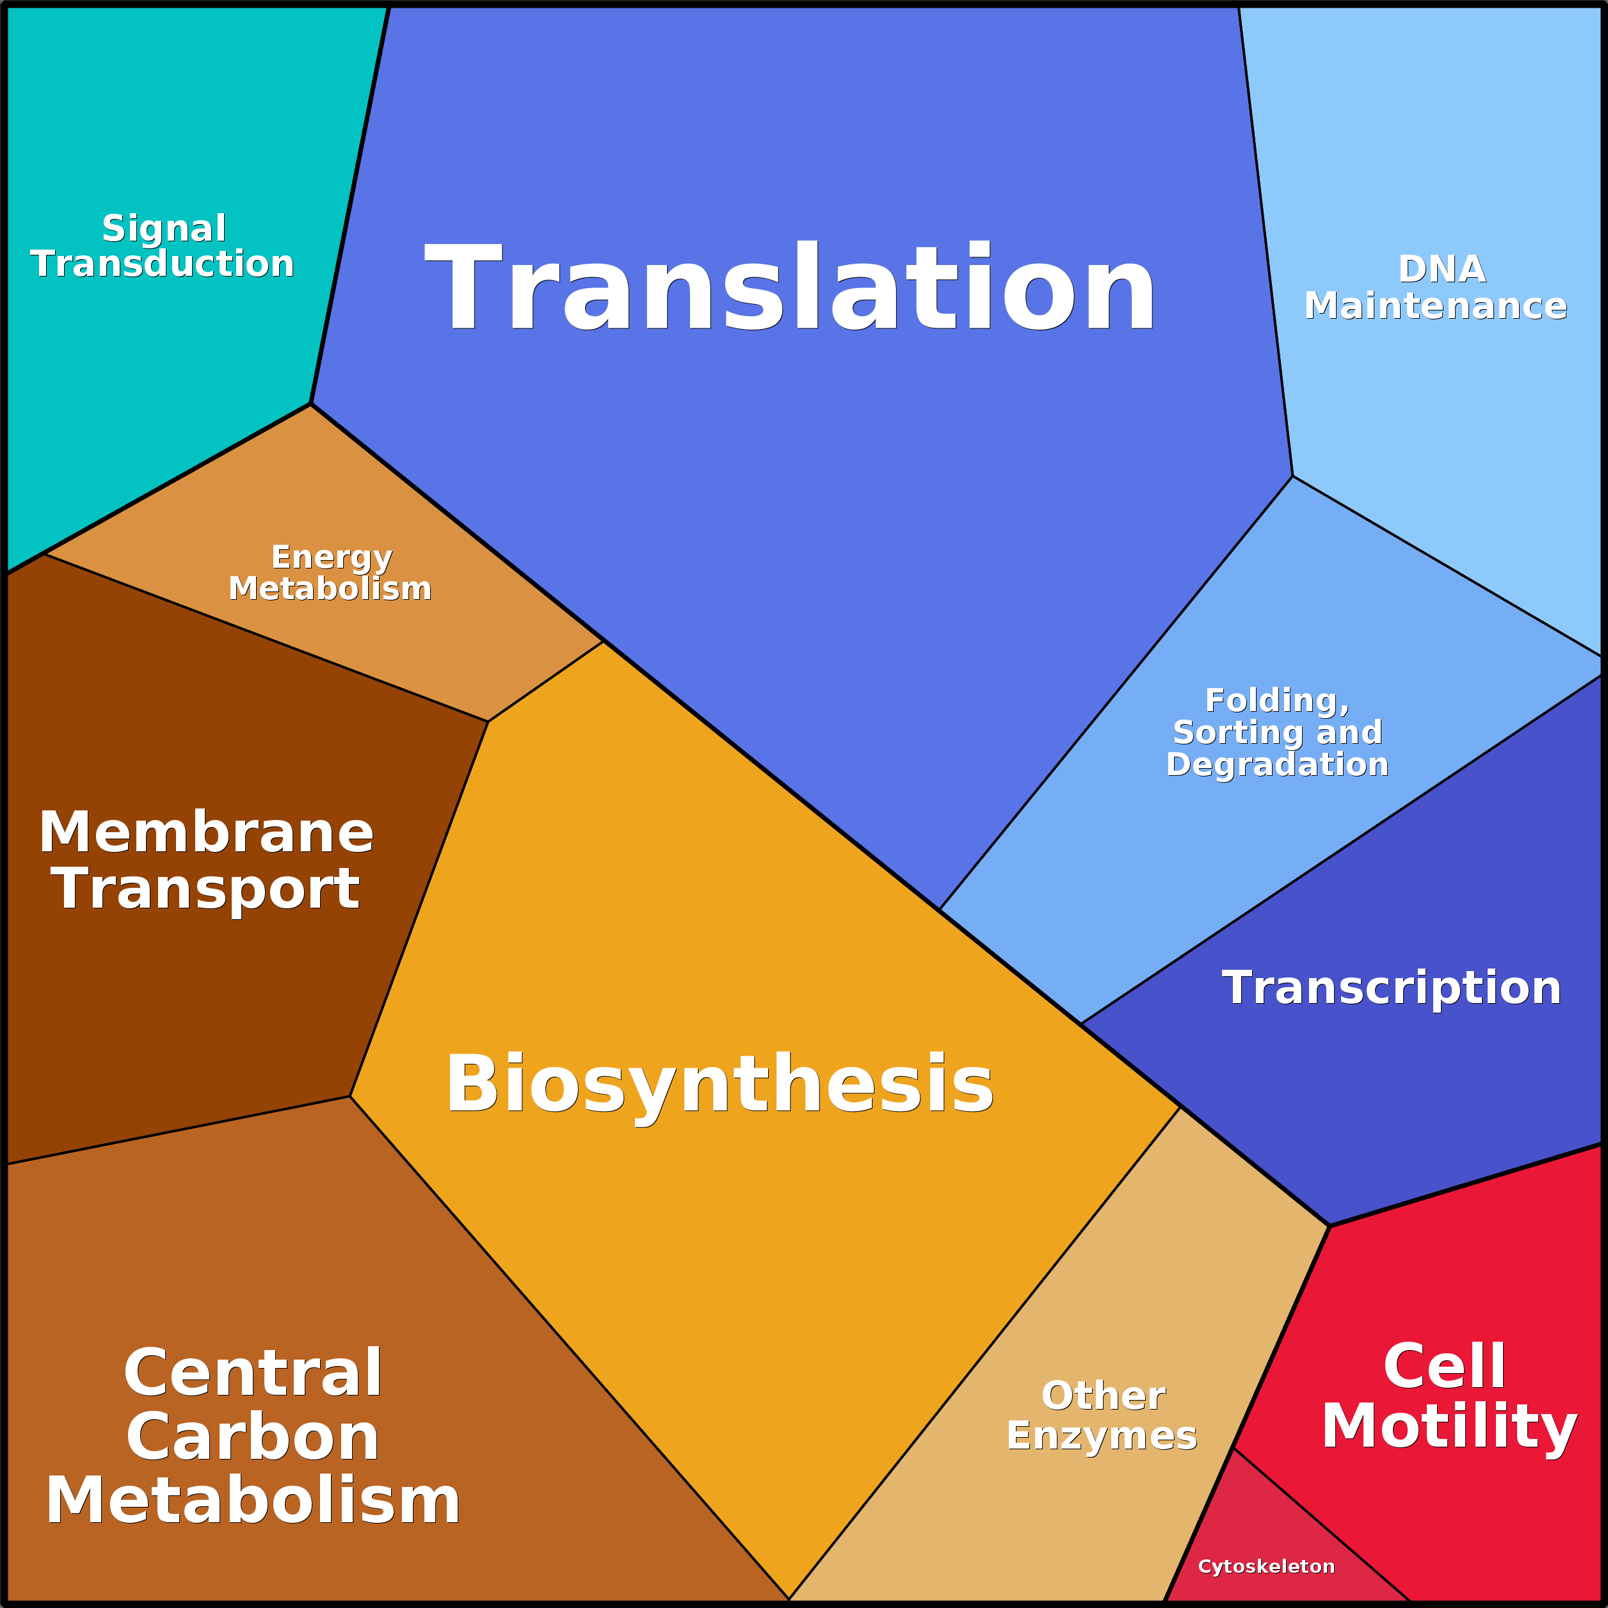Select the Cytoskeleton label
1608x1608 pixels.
[x=1266, y=1567]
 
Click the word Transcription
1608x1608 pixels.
[x=1391, y=988]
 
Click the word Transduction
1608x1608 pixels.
[x=163, y=264]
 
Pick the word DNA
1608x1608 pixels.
[x=1442, y=269]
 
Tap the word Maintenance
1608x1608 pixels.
[x=1436, y=305]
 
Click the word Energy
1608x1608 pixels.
[x=331, y=557]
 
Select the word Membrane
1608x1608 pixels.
[x=206, y=832]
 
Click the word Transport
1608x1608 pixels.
[x=206, y=889]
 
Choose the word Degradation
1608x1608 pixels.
[x=1278, y=764]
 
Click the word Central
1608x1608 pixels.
[x=253, y=1373]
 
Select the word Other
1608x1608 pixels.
[x=1103, y=1395]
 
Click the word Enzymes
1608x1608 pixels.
[x=1101, y=1436]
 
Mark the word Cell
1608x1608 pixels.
[x=1444, y=1367]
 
